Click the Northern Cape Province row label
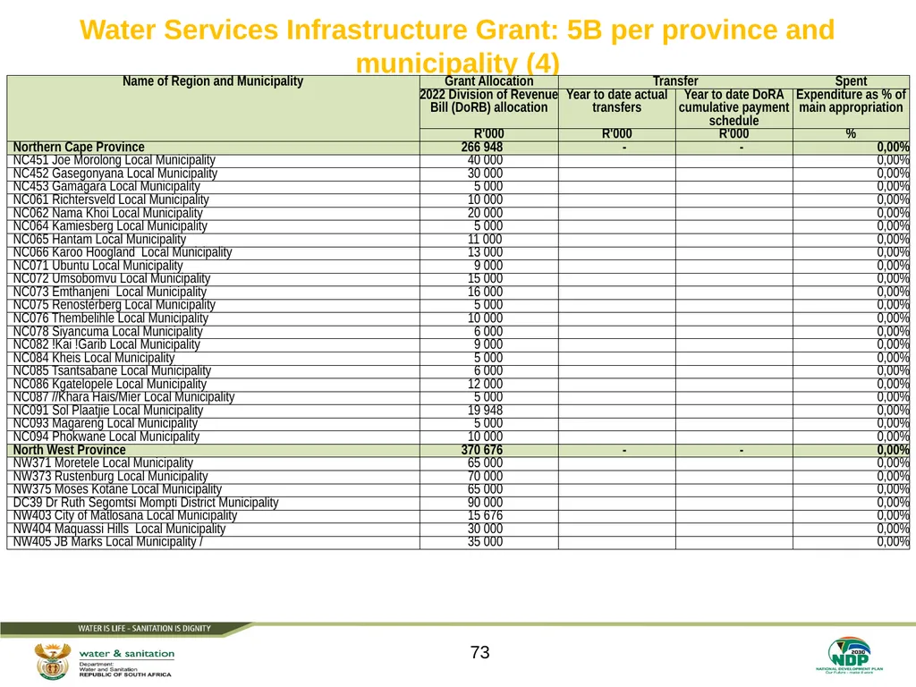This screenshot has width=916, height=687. (79, 148)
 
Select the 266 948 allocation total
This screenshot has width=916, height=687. (482, 148)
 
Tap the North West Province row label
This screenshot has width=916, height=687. (70, 450)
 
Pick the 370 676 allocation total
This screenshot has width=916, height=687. (482, 450)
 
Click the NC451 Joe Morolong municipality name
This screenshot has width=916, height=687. (114, 160)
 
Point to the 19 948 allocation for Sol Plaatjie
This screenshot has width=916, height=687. (485, 410)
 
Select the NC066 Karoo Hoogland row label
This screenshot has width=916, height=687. (123, 252)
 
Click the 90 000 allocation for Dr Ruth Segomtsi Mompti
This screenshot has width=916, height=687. (485, 503)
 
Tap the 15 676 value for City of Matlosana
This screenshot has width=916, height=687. (485, 515)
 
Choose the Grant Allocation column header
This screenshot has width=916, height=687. (489, 81)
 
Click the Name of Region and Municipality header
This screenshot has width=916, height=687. (213, 81)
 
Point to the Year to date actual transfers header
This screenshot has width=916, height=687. (617, 101)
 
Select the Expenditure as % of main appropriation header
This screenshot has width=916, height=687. (852, 101)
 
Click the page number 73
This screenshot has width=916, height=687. (479, 652)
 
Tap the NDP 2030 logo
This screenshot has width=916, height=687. (850, 656)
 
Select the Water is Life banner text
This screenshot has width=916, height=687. (144, 629)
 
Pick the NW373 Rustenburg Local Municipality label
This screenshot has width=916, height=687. (110, 476)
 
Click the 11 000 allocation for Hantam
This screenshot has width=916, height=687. (485, 239)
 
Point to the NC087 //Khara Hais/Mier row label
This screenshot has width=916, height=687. (123, 397)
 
